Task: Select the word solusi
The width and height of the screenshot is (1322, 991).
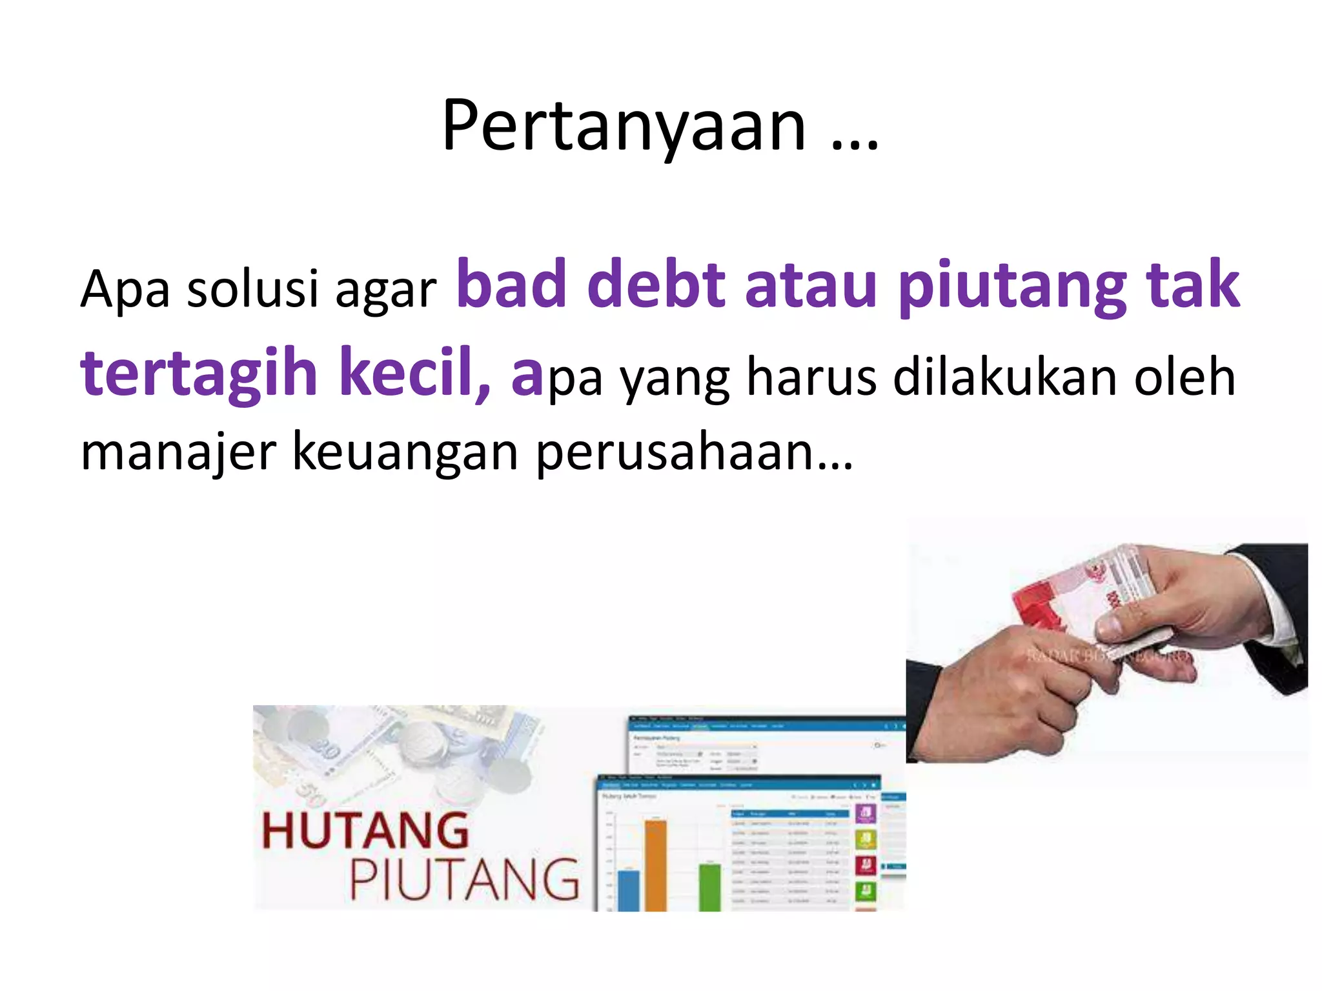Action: tap(252, 288)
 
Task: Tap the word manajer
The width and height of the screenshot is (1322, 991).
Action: tap(178, 452)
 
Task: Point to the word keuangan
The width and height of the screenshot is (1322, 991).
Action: tap(405, 452)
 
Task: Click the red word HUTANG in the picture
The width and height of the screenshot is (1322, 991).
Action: tap(365, 831)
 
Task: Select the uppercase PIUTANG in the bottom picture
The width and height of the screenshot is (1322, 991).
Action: tap(463, 879)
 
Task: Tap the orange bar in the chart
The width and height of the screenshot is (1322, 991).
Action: tap(656, 865)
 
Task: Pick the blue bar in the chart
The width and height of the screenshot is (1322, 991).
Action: tap(628, 890)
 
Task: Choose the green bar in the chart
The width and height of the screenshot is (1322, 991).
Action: tap(710, 887)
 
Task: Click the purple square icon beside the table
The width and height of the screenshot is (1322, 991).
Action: tap(866, 813)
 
